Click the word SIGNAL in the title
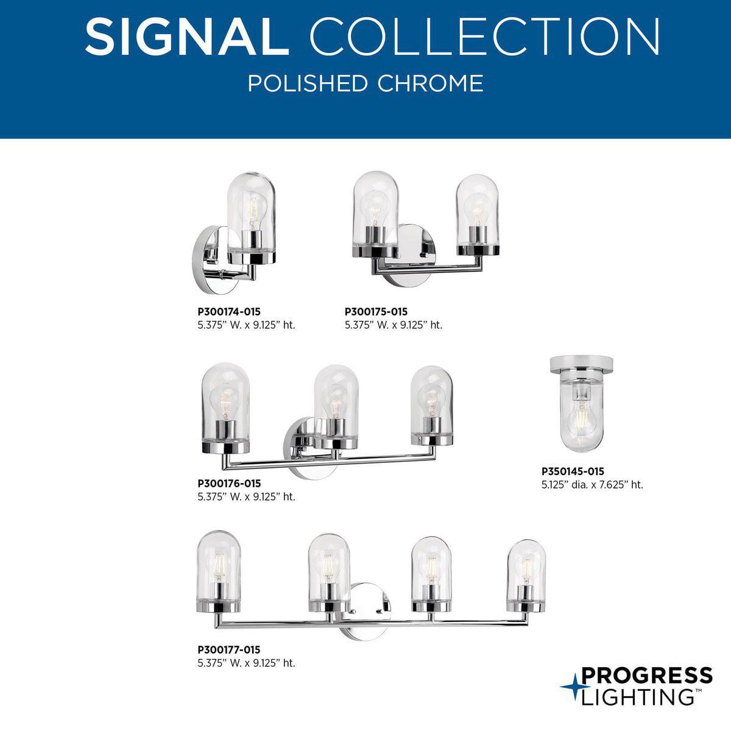(186, 37)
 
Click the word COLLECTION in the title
(485, 37)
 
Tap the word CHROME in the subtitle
(431, 83)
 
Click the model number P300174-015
(229, 312)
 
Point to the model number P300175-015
(376, 312)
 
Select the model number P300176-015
(229, 484)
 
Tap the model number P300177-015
(229, 650)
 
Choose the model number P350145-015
(573, 471)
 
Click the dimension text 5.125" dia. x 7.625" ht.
(592, 485)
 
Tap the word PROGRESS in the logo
(647, 676)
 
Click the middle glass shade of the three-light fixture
(336, 404)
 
